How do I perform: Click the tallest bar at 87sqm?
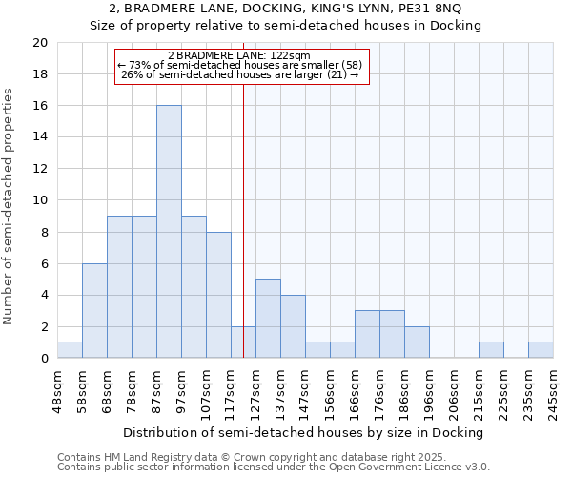(x=169, y=232)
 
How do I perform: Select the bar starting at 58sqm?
(x=94, y=311)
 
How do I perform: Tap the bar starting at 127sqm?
(x=268, y=319)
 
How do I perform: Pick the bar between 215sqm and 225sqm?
(x=491, y=350)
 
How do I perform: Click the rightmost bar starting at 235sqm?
(x=541, y=350)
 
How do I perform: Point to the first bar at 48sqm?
(x=70, y=350)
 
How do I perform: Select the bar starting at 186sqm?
(x=417, y=342)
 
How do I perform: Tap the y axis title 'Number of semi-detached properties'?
(x=10, y=206)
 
